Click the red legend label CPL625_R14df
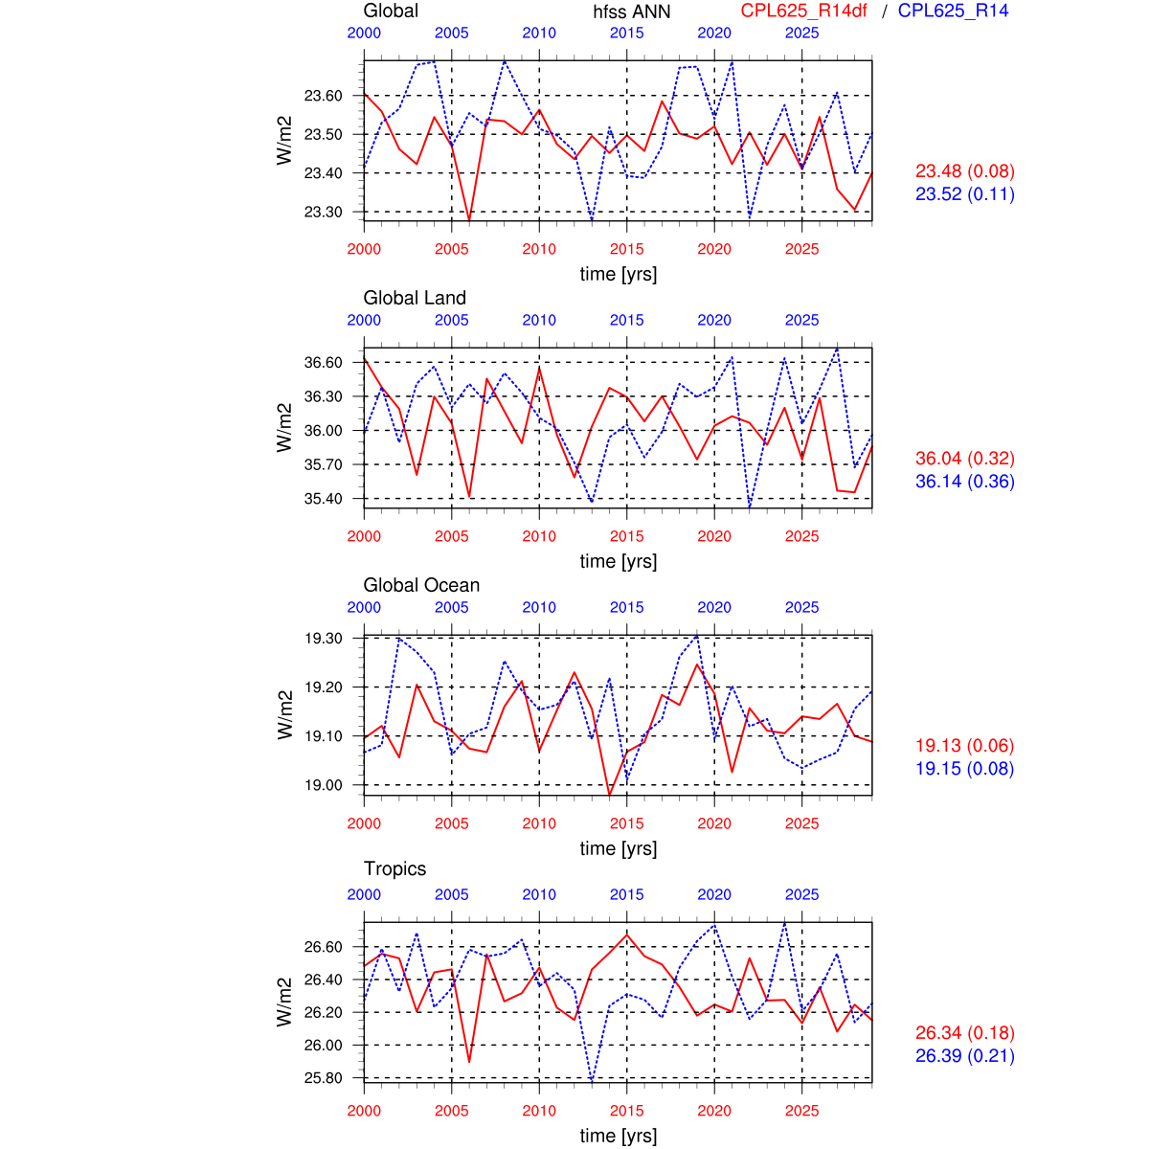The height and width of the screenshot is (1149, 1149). point(804,11)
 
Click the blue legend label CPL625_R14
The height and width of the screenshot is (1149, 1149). point(953,11)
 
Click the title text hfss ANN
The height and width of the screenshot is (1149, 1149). point(632,12)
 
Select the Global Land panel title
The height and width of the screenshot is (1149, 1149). point(415,298)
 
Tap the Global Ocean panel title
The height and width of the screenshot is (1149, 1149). point(421,585)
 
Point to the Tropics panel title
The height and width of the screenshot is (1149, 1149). point(394,868)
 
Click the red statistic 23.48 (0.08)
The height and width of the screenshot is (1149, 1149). point(964,171)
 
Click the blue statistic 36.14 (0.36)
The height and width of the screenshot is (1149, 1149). point(964,482)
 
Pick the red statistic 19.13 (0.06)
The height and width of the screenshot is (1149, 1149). point(964,746)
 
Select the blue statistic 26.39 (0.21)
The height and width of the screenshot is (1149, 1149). point(964,1056)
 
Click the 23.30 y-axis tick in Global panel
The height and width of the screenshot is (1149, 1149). point(323,212)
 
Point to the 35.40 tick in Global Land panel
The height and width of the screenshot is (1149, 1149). point(323,499)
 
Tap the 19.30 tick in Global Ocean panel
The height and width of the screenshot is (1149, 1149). point(323,639)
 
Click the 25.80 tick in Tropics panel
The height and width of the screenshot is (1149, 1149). point(323,1078)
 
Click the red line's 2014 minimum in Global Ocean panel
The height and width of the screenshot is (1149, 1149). point(610,794)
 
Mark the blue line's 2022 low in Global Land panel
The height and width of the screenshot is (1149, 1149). point(750,507)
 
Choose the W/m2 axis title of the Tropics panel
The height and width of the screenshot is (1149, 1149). point(284,1002)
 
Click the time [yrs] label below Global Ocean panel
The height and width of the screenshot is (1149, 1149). point(619,848)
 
